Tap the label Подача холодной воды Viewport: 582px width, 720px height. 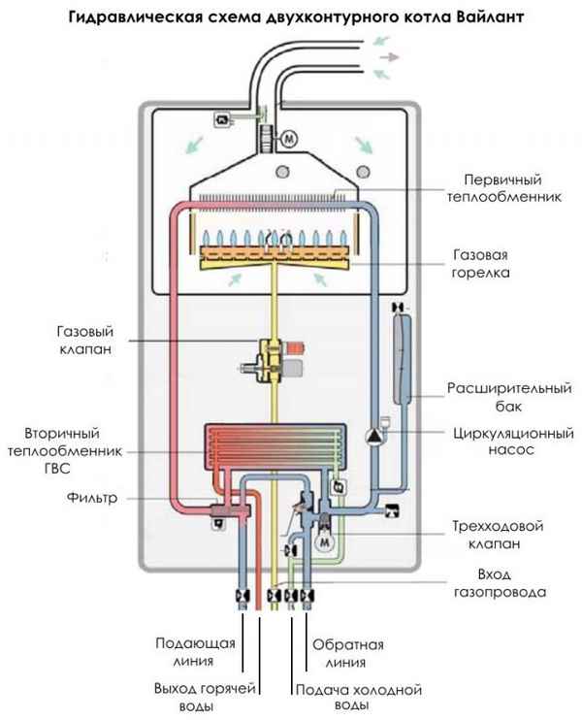[358, 697]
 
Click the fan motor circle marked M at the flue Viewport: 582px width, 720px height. [289, 139]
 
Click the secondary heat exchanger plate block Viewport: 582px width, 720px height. [275, 449]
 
